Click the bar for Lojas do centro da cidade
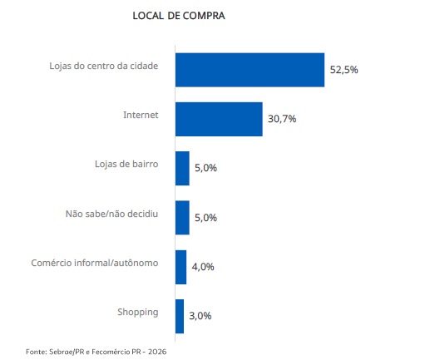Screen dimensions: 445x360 [250, 70]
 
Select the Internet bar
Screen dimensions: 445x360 [219, 119]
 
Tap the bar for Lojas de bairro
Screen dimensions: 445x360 [182, 169]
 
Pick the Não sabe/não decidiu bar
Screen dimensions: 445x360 [182, 218]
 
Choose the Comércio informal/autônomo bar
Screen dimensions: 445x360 [180, 267]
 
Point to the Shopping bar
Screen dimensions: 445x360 [180, 316]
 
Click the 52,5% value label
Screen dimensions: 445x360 [344, 70]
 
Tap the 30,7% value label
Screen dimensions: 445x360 [282, 119]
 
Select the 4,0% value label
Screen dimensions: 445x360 [203, 267]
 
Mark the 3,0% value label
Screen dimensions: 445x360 [200, 316]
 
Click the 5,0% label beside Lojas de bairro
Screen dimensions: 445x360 [205, 168]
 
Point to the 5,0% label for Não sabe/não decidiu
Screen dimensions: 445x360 [205, 218]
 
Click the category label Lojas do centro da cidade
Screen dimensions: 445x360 [104, 66]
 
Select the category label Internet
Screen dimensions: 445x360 [141, 115]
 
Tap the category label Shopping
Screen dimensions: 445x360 [138, 313]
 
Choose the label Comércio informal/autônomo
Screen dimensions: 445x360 [95, 263]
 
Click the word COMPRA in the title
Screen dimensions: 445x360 [204, 16]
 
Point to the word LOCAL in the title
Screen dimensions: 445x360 [148, 16]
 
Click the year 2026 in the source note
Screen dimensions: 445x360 [157, 352]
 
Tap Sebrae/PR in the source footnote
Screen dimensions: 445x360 [67, 352]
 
